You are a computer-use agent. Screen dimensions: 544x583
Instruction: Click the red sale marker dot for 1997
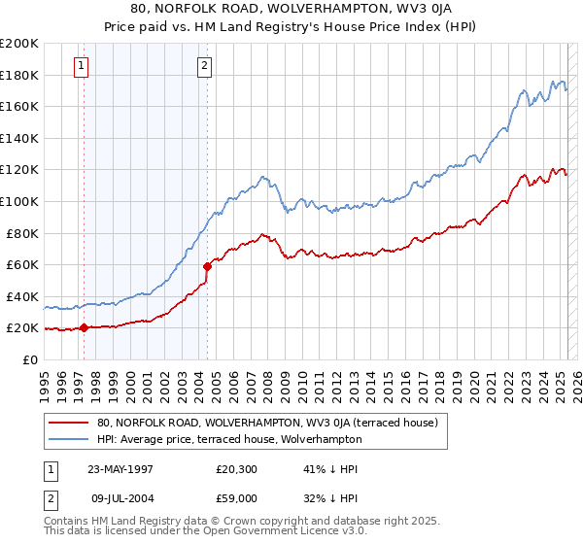click(x=84, y=327)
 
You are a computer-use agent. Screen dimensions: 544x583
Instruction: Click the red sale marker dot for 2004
click(x=207, y=266)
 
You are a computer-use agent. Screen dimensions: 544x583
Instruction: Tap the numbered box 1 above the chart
click(x=80, y=66)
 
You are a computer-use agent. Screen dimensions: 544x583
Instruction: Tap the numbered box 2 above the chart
click(x=205, y=66)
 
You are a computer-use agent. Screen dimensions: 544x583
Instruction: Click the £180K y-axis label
click(x=19, y=75)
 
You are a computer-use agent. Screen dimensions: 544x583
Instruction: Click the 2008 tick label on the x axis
click(x=267, y=381)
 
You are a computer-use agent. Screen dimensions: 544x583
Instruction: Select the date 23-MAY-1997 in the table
click(x=121, y=468)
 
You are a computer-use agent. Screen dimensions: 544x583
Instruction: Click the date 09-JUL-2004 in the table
click(x=121, y=499)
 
